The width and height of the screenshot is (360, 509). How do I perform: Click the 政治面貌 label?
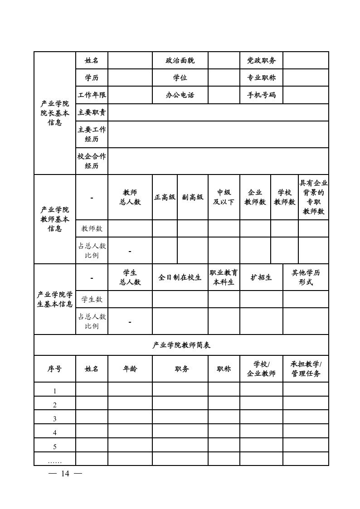point(180,60)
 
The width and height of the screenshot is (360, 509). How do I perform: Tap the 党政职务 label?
point(261,60)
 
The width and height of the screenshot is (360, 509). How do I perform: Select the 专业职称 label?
point(261,78)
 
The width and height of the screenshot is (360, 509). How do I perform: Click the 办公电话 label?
point(180,95)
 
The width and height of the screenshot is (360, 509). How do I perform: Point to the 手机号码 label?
point(261,95)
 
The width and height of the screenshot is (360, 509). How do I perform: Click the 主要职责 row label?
point(92,112)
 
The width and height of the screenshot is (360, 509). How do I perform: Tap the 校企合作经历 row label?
point(92,161)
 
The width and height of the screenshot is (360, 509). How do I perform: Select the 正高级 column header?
point(165,197)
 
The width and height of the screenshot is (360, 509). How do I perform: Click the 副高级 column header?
point(193,197)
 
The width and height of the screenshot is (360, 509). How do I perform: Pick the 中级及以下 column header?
point(224,197)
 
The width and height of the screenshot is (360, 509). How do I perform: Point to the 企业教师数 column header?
point(255,197)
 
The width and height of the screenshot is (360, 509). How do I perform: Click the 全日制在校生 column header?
point(180,277)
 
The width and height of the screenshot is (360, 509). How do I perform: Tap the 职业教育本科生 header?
point(224,277)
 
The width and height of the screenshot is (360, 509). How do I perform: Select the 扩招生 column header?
point(261,277)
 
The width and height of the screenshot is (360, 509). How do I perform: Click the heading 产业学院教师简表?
point(181,345)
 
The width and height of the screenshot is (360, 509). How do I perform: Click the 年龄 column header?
point(130,369)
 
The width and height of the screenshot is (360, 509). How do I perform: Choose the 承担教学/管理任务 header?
point(306,369)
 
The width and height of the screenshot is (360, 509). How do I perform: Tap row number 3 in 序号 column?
point(55,419)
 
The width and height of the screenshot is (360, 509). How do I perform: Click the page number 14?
point(65,474)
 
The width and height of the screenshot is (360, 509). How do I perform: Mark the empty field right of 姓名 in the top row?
point(130,60)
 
